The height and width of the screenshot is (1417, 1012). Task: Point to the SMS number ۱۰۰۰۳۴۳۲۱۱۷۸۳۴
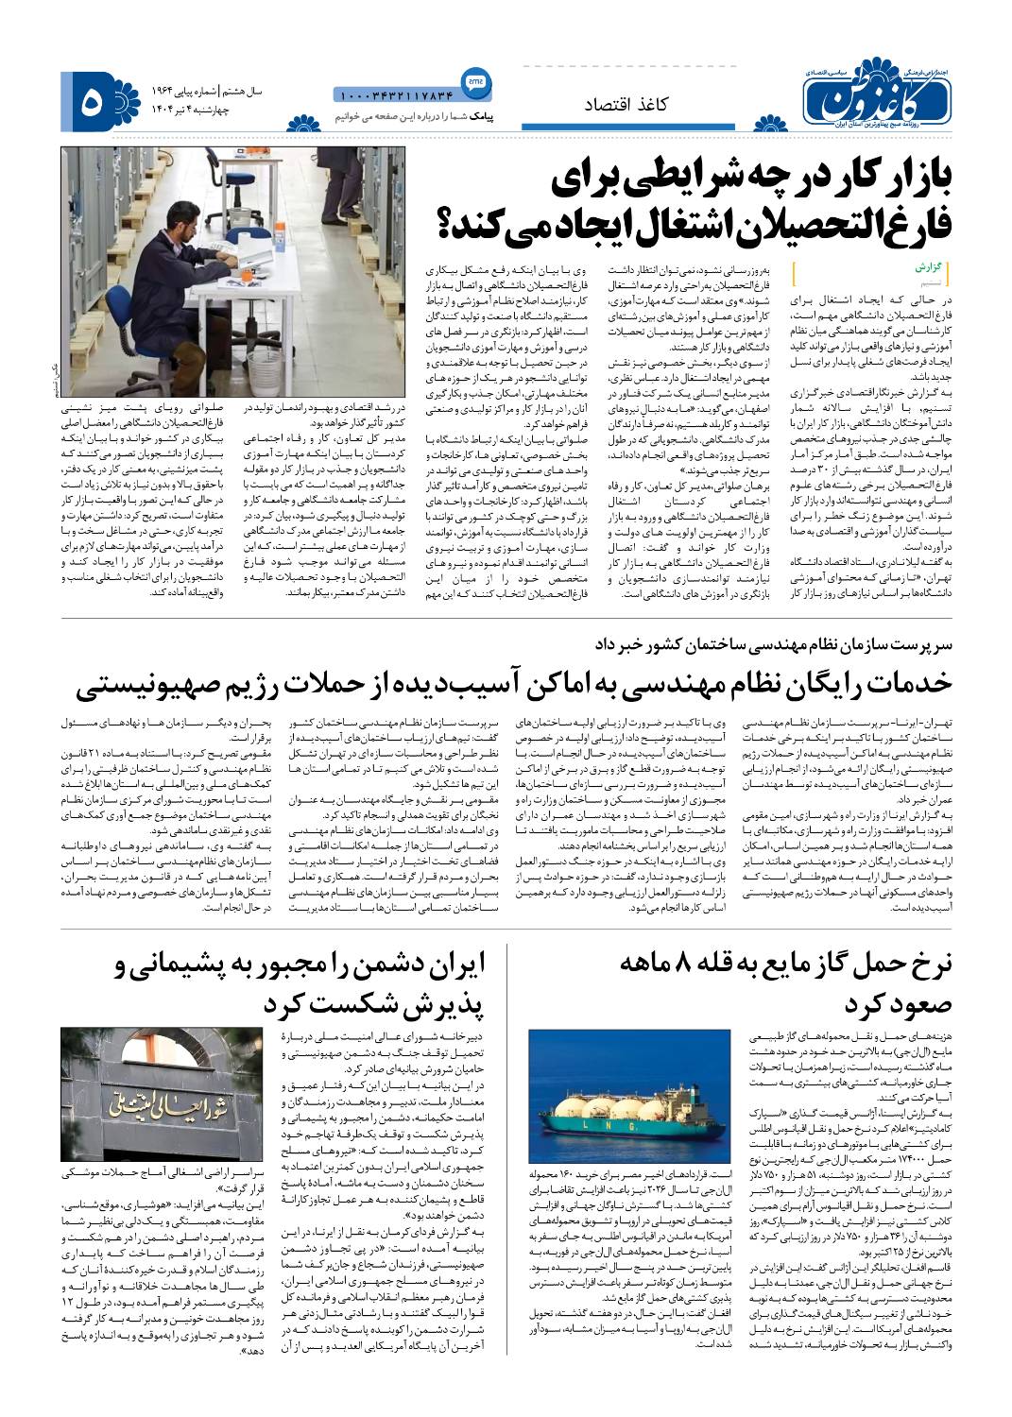395,94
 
